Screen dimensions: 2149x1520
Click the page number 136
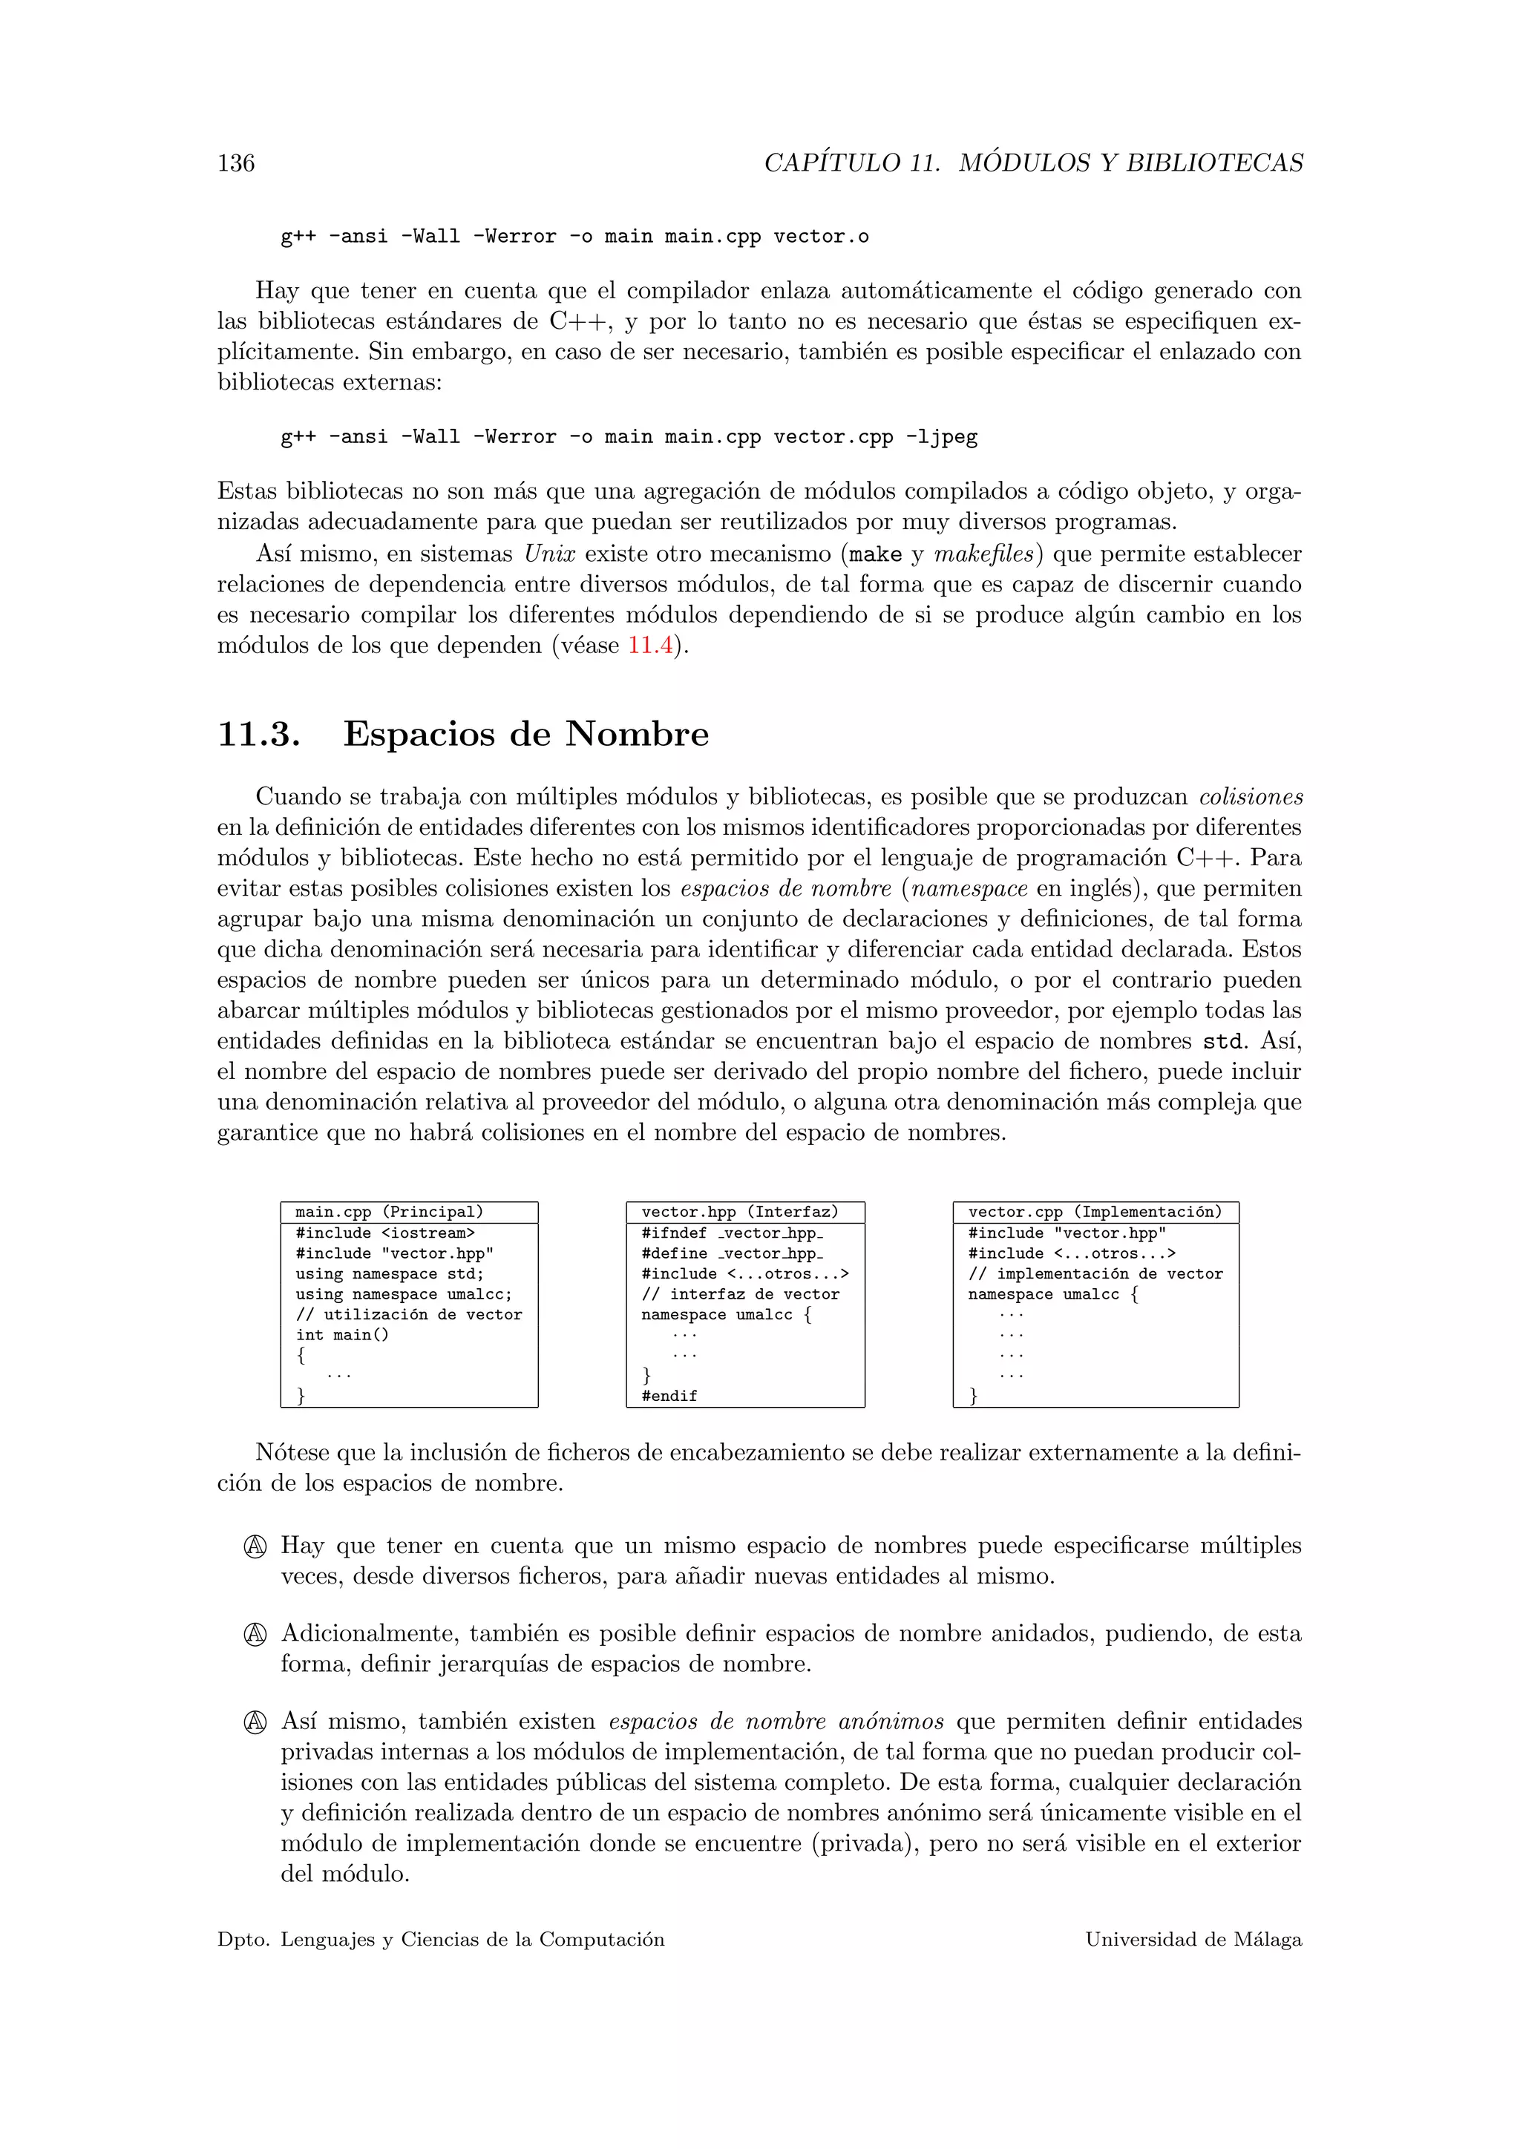pyautogui.click(x=236, y=164)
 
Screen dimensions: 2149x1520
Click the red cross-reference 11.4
pyautogui.click(x=649, y=646)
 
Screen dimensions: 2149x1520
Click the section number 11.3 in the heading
pyautogui.click(x=258, y=734)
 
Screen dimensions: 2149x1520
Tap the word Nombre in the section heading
pyautogui.click(x=637, y=734)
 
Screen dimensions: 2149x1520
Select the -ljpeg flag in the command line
pyautogui.click(x=942, y=437)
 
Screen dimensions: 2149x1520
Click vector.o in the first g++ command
pyautogui.click(x=821, y=237)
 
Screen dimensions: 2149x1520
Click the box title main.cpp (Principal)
pyautogui.click(x=390, y=1212)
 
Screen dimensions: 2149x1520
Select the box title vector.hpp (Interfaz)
pyautogui.click(x=739, y=1212)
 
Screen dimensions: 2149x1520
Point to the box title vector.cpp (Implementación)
pyautogui.click(x=1095, y=1212)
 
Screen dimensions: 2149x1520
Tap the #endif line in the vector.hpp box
pyautogui.click(x=669, y=1396)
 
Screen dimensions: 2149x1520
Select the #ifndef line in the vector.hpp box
pyautogui.click(x=732, y=1233)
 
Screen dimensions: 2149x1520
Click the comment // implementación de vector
pyautogui.click(x=1095, y=1274)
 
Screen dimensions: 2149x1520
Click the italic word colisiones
pyautogui.click(x=1251, y=798)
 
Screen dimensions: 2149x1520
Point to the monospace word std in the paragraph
pyautogui.click(x=1223, y=1042)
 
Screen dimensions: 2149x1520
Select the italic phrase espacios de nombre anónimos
pyautogui.click(x=776, y=1722)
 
